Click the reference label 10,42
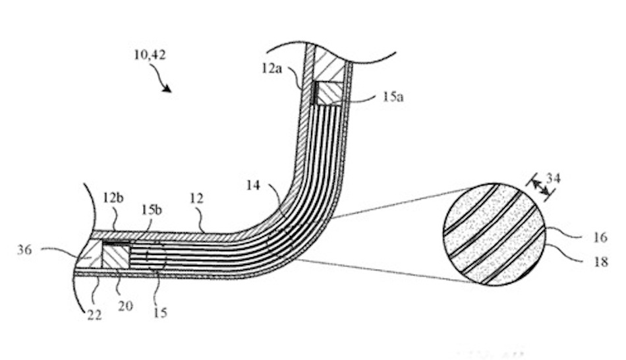coord(150,54)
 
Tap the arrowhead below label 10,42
coord(167,88)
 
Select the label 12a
coord(271,68)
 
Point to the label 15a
coord(393,97)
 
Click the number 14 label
coord(253,185)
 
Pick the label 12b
coord(113,198)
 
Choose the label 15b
coord(152,210)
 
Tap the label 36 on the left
coord(24,251)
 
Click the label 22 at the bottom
coord(94,315)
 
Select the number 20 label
coord(125,306)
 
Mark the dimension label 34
coord(554,178)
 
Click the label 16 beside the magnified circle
coord(600,237)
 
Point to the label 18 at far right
coord(600,262)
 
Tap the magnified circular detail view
coord(495,234)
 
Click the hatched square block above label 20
coord(116,256)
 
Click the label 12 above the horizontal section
coord(197,198)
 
